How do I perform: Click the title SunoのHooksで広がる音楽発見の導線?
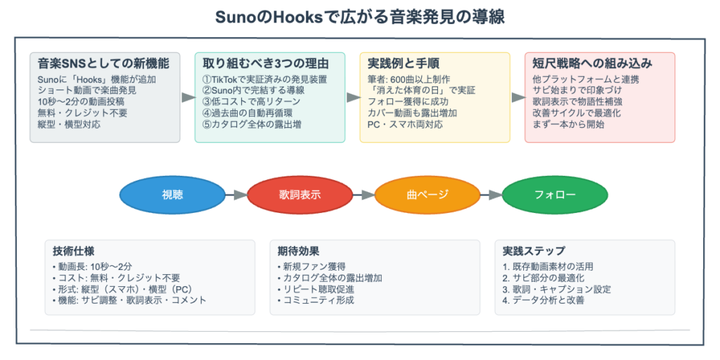(x=359, y=17)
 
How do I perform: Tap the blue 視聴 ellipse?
(x=172, y=195)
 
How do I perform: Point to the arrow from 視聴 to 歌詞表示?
(x=236, y=195)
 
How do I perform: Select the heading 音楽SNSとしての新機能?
(x=98, y=64)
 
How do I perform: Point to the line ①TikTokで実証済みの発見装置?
(x=264, y=79)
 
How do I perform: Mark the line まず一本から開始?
(x=568, y=124)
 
